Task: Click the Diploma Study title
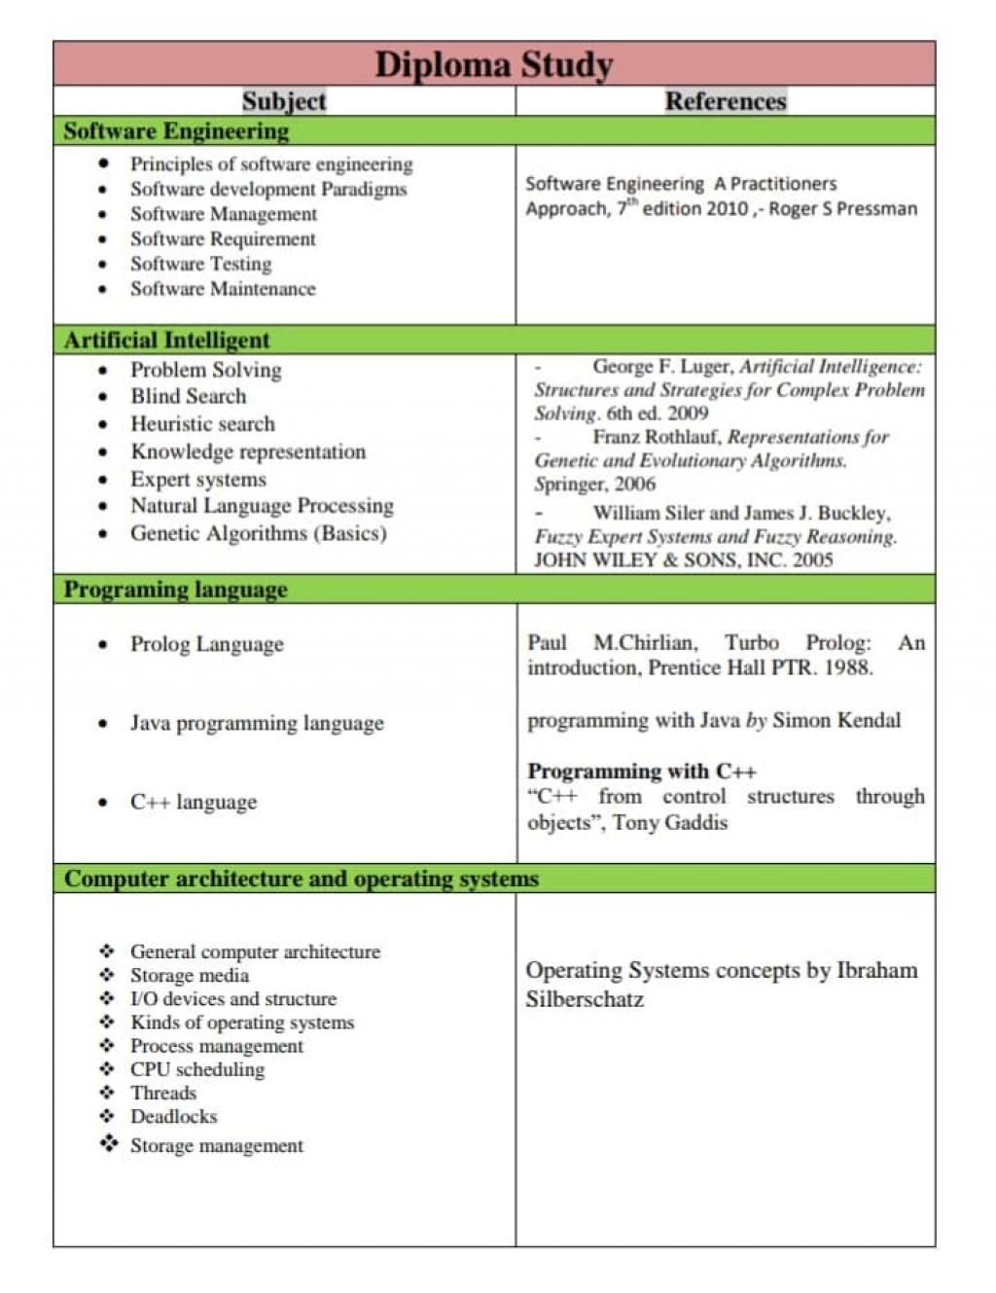pyautogui.click(x=494, y=64)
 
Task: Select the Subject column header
pyautogui.click(x=284, y=101)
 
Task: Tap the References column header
pyautogui.click(x=726, y=101)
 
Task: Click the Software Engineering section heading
pyautogui.click(x=176, y=131)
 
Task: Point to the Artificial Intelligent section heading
pyautogui.click(x=166, y=341)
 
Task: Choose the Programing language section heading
pyautogui.click(x=175, y=590)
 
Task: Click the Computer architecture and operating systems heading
pyautogui.click(x=301, y=880)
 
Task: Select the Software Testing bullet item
pyautogui.click(x=200, y=264)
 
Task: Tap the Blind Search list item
pyautogui.click(x=188, y=396)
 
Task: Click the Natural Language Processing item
pyautogui.click(x=262, y=506)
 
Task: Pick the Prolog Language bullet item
pyautogui.click(x=206, y=644)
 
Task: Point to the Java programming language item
pyautogui.click(x=257, y=723)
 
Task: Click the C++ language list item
pyautogui.click(x=194, y=802)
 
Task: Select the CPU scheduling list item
pyautogui.click(x=196, y=1069)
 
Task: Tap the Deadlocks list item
pyautogui.click(x=173, y=1116)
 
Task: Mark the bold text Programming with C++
pyautogui.click(x=642, y=772)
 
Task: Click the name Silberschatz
pyautogui.click(x=585, y=999)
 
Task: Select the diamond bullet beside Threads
pyautogui.click(x=107, y=1093)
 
